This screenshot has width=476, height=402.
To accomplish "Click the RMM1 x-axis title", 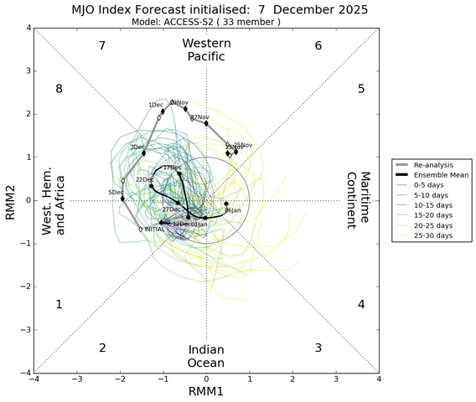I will (206, 390).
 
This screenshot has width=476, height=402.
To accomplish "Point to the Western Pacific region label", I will (206, 49).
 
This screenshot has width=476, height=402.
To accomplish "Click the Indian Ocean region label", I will (206, 355).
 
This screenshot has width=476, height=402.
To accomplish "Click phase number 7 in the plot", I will (102, 45).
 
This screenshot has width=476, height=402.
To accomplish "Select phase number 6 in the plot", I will (318, 45).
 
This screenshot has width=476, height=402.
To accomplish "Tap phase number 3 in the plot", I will (318, 348).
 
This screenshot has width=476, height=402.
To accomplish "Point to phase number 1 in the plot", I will (59, 305).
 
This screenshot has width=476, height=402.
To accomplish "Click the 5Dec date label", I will (116, 193).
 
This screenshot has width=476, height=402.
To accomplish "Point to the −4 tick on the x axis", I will (34, 379).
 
